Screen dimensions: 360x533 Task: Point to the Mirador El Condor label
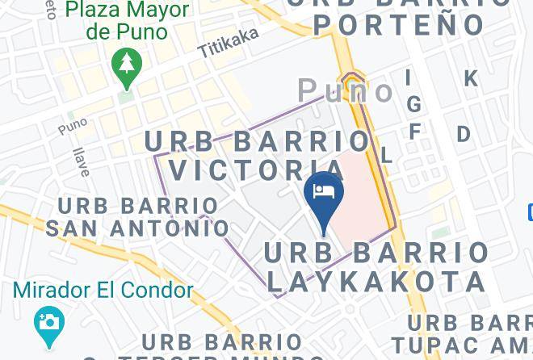(103, 290)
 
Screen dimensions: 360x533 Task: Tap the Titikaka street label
(229, 42)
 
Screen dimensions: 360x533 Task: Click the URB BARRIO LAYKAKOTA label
(376, 266)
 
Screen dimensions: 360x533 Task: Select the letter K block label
(470, 78)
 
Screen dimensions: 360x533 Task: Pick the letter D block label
(464, 134)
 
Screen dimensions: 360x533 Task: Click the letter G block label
(414, 105)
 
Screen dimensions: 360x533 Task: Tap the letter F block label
(415, 131)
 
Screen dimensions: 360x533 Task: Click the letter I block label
(409, 77)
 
